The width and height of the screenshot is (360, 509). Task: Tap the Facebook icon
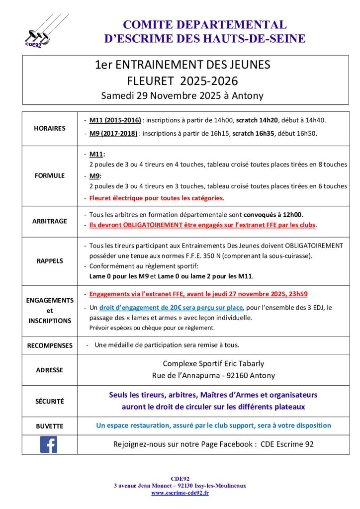point(49,444)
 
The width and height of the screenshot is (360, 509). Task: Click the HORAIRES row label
point(50,128)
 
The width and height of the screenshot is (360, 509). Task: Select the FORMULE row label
point(50,175)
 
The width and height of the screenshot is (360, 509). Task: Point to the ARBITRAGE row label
point(50,221)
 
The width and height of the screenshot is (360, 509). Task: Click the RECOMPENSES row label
point(50,345)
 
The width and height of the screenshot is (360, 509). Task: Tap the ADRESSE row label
point(50,370)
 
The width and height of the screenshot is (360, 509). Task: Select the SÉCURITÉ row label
point(50,401)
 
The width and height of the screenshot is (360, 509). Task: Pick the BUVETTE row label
point(50,426)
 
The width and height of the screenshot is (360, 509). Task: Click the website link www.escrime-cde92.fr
point(180,493)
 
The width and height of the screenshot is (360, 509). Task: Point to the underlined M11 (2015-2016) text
point(115,120)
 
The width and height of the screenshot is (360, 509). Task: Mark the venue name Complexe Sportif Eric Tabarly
point(213,364)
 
